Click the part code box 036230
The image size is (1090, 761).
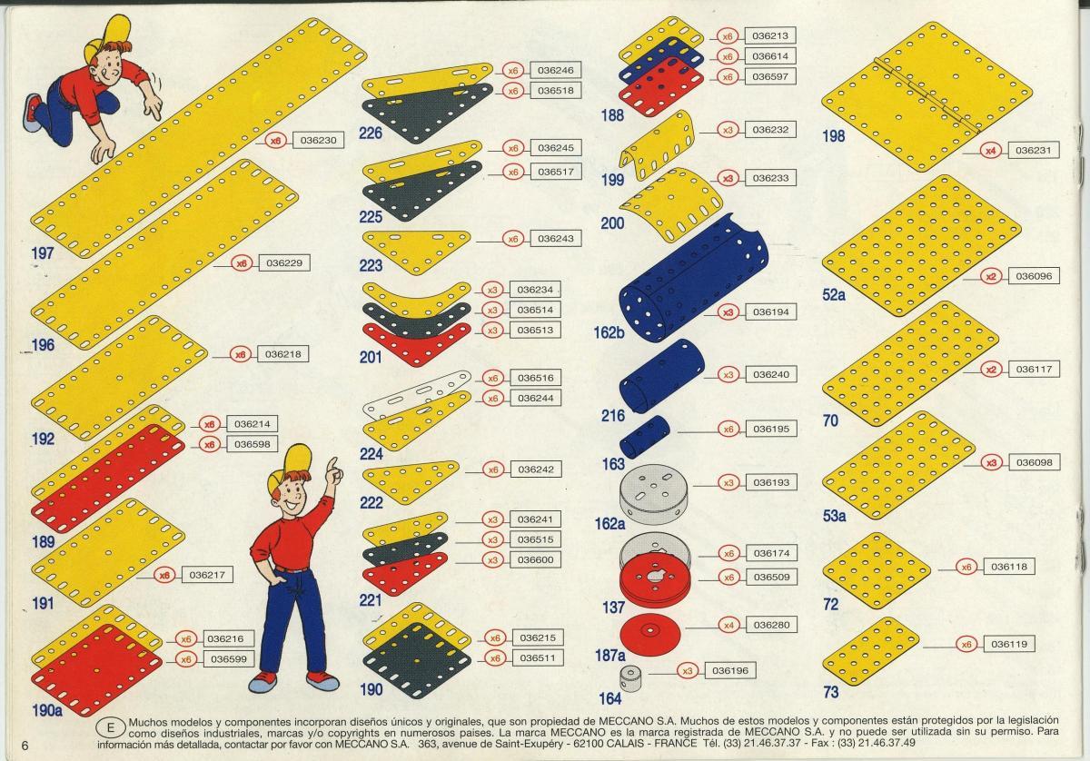tap(318, 140)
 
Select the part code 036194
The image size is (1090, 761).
tap(771, 311)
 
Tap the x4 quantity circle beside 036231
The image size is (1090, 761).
tap(991, 151)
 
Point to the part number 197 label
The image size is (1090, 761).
tap(43, 253)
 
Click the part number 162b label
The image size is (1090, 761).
tap(609, 332)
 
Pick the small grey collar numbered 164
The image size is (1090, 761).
tap(629, 677)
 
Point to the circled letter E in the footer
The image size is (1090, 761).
tap(110, 728)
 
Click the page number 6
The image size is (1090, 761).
tap(25, 746)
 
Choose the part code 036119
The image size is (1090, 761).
tap(1009, 644)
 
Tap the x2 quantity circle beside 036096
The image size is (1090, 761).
tap(991, 276)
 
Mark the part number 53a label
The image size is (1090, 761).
tap(834, 516)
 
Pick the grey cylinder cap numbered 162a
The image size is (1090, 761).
tap(653, 494)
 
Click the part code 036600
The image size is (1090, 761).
tap(535, 559)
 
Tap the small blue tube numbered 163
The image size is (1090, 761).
tap(644, 437)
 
